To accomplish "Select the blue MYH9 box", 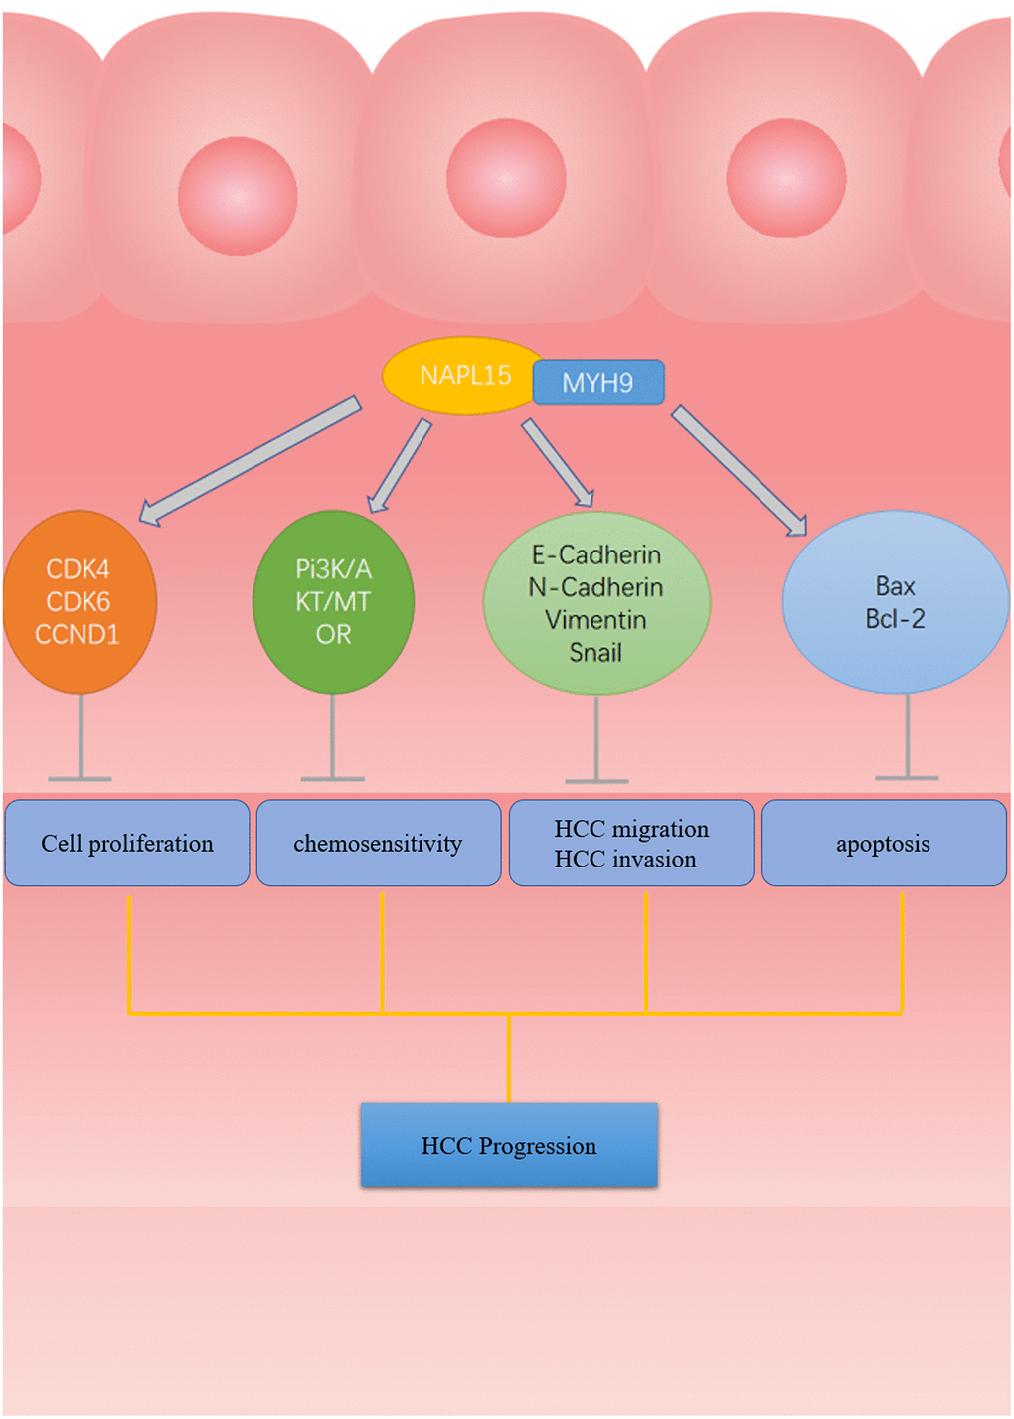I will (x=598, y=383).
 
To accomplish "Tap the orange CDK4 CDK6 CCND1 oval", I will (x=80, y=602).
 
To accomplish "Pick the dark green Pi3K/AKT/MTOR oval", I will (x=333, y=602).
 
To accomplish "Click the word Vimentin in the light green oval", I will (x=595, y=620).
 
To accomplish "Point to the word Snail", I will (x=595, y=653).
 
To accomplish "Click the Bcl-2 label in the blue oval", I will (x=895, y=619).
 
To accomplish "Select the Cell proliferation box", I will (x=127, y=844).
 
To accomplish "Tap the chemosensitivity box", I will (x=379, y=844).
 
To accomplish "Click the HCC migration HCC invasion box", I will (x=631, y=844).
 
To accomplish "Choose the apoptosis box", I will (x=884, y=844).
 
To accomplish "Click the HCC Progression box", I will (x=509, y=1146).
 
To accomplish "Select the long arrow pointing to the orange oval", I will (x=249, y=460).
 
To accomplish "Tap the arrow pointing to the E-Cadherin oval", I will (x=558, y=462).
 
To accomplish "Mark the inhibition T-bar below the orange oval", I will (x=81, y=740).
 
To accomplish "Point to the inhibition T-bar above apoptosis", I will (x=907, y=740).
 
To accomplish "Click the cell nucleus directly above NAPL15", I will (x=506, y=179).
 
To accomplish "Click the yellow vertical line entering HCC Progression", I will (x=509, y=1058).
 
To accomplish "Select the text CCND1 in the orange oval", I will (x=78, y=635).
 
